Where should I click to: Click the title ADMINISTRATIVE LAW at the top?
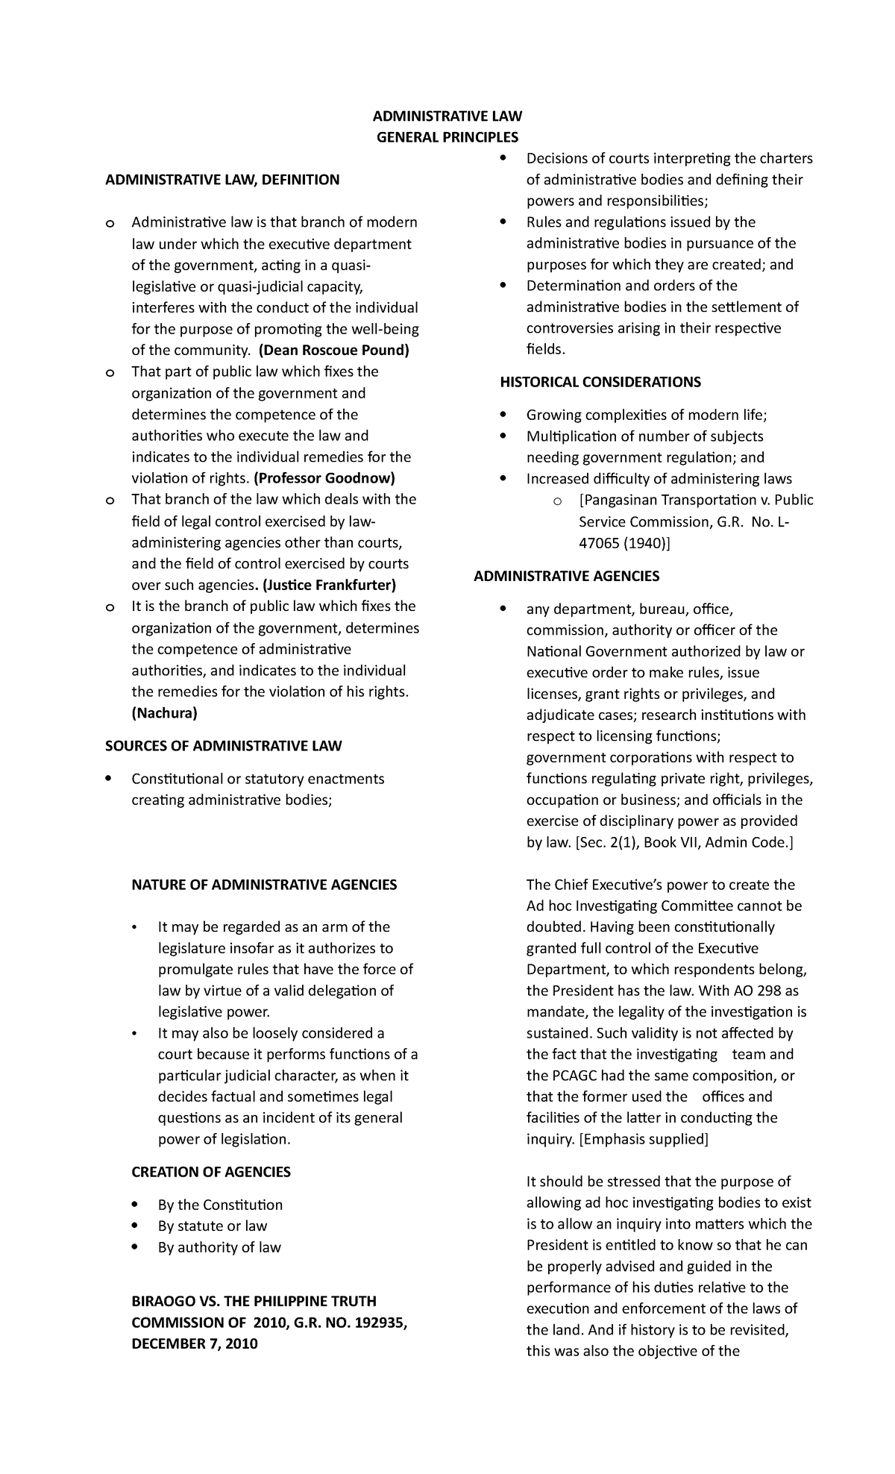click(447, 116)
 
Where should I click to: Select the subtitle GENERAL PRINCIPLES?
click(447, 137)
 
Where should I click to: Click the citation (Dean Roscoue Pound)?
click(333, 351)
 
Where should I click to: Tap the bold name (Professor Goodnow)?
click(324, 478)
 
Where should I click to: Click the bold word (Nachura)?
click(164, 713)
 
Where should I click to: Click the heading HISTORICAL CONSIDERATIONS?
click(600, 383)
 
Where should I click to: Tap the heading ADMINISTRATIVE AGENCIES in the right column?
click(567, 577)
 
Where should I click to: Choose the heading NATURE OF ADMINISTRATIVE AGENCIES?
click(264, 885)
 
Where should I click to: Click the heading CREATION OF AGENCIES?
click(211, 1172)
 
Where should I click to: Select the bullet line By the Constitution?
click(220, 1205)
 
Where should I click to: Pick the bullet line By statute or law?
click(212, 1226)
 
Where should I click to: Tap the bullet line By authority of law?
click(219, 1247)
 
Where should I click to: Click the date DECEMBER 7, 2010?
click(195, 1343)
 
